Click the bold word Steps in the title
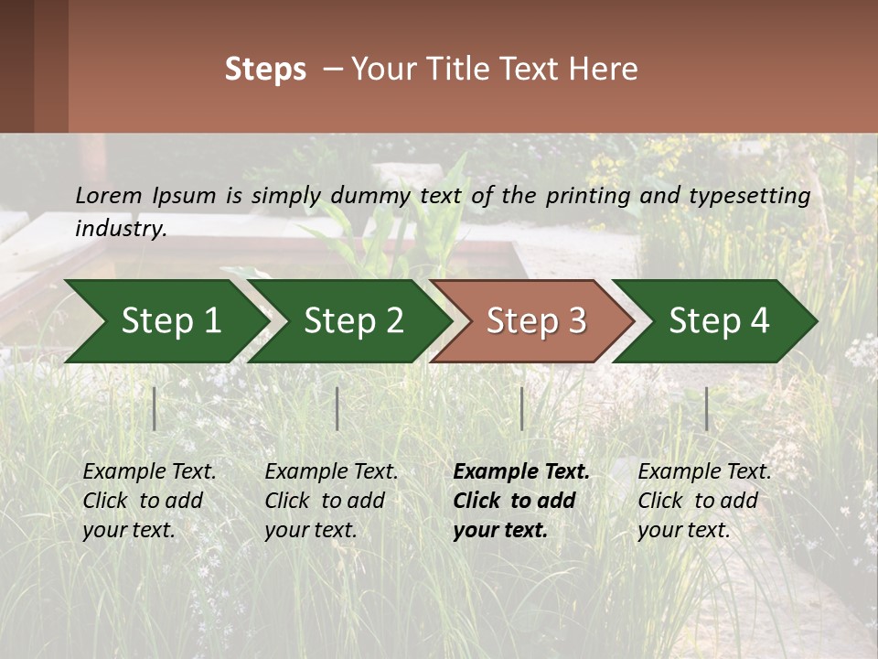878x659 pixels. [x=265, y=70]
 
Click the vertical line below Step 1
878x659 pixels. [x=155, y=408]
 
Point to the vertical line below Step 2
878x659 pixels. [x=337, y=408]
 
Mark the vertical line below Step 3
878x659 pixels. [x=521, y=408]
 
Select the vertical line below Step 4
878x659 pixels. [x=706, y=408]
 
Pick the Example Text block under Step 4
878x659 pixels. [x=704, y=501]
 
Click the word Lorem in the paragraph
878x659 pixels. [x=109, y=196]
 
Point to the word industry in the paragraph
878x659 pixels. [x=120, y=229]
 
